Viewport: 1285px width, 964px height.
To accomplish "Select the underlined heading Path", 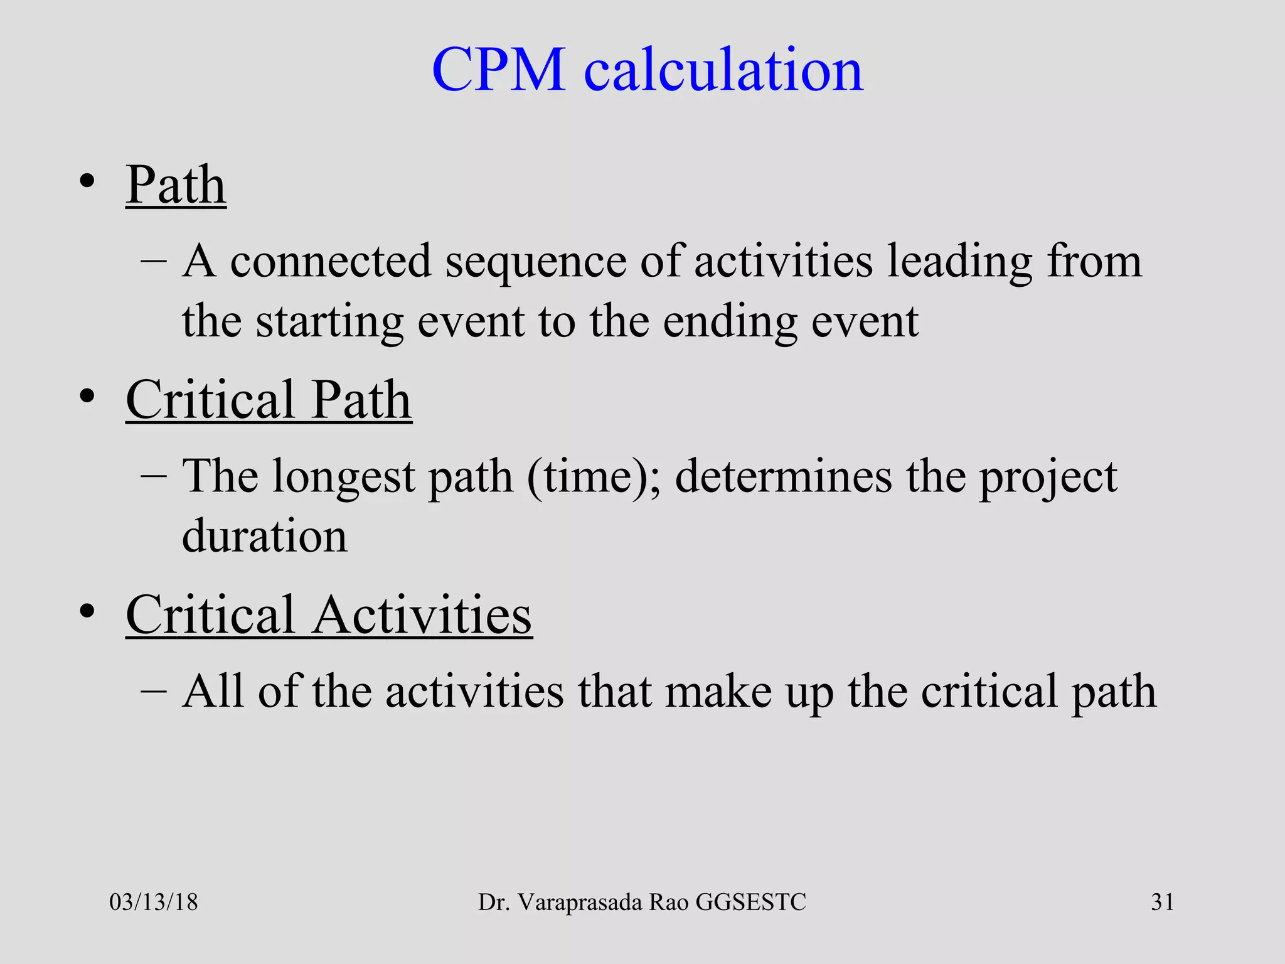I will tap(176, 185).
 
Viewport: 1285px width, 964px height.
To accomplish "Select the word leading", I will tap(959, 262).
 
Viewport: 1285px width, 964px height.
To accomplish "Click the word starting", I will tap(329, 322).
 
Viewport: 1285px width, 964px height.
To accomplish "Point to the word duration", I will tap(264, 536).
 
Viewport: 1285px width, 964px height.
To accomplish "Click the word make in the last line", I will tap(718, 691).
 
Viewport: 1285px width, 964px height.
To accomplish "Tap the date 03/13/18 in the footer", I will tap(154, 902).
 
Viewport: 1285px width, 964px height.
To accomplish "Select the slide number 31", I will tap(1162, 902).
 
